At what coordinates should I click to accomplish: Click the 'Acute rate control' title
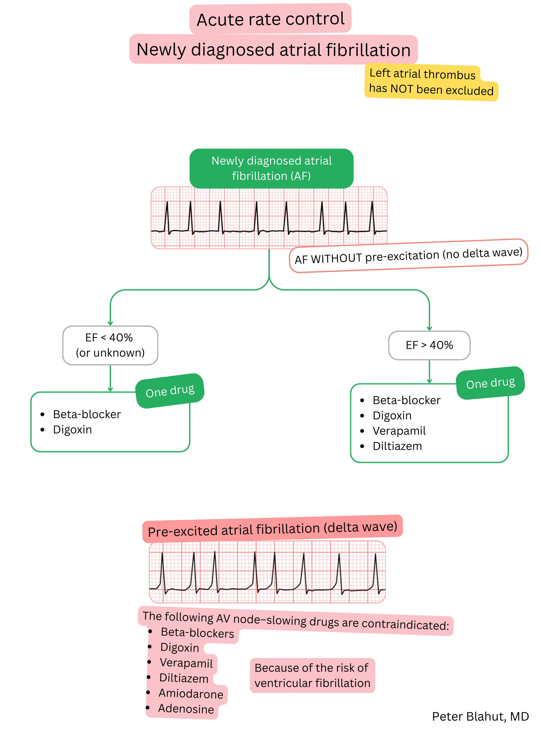270,19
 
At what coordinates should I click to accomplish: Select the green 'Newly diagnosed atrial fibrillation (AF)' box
272,168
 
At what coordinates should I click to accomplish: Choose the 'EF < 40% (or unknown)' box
110,345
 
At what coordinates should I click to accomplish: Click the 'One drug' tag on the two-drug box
170,391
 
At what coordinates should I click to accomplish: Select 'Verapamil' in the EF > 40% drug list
399,431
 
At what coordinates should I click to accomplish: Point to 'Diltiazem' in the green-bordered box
397,446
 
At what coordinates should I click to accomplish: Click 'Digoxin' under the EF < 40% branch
72,430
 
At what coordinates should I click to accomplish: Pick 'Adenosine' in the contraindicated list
186,708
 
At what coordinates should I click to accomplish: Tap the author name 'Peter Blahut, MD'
480,716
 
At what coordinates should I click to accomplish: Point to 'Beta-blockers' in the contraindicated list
197,632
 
